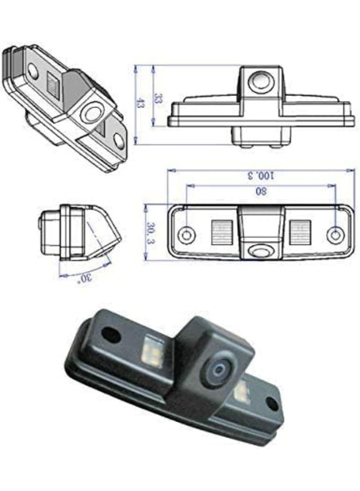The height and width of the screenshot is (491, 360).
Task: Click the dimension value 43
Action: (140, 104)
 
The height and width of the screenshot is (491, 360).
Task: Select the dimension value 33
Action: (158, 99)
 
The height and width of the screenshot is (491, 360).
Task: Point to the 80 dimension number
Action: (261, 191)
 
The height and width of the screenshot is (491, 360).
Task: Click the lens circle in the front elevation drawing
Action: (260, 82)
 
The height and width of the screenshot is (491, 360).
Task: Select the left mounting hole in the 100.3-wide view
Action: (187, 235)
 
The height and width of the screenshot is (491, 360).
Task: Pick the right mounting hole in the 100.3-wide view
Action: (334, 235)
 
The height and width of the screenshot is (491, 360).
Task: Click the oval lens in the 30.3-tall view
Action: (260, 250)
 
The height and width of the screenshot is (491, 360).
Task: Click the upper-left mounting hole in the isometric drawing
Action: (33, 70)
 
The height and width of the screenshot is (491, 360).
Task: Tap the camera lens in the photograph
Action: (219, 371)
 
